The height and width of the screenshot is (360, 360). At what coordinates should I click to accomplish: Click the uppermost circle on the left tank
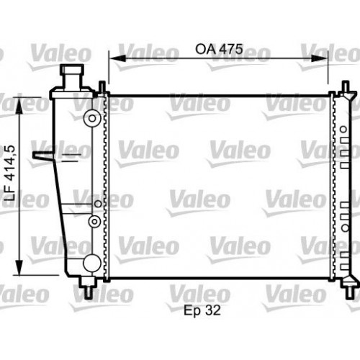(91, 118)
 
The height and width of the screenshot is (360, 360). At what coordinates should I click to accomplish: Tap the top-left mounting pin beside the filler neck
(102, 88)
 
